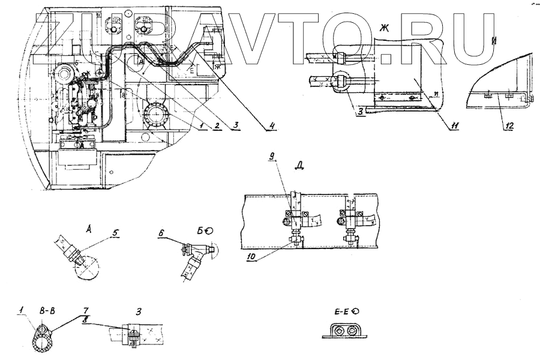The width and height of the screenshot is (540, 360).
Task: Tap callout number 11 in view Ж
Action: (x=456, y=125)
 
